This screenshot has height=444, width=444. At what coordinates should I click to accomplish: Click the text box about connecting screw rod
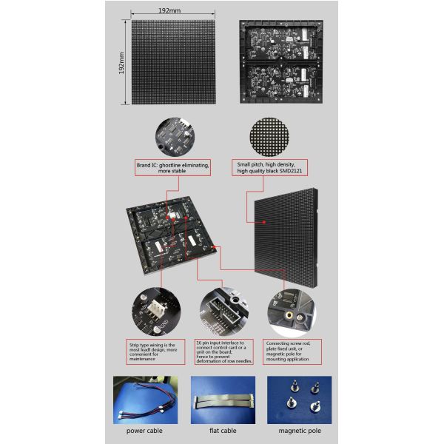(x=295, y=349)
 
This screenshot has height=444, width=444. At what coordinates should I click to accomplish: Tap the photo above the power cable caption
(x=144, y=400)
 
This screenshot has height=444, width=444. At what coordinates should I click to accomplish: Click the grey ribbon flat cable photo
(x=223, y=400)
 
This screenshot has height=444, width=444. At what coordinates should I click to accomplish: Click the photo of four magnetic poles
(x=300, y=400)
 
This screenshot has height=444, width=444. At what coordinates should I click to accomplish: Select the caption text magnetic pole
(x=299, y=430)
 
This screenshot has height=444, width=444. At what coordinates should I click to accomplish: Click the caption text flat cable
(x=223, y=430)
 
